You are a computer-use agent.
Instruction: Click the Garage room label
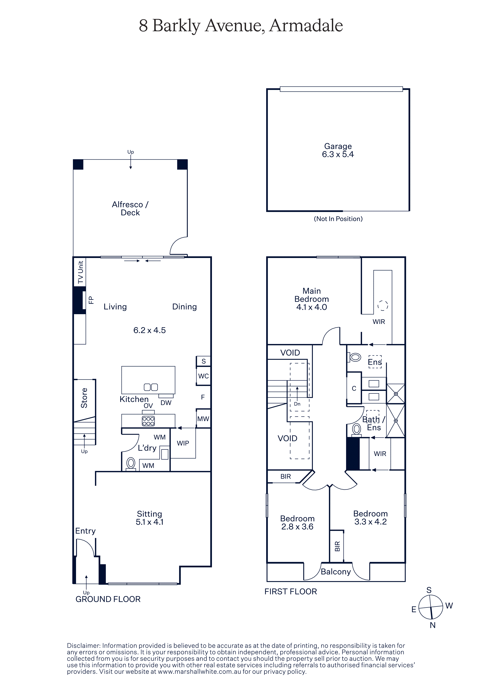pyautogui.click(x=338, y=146)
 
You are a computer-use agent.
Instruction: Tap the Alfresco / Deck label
pyautogui.click(x=130, y=209)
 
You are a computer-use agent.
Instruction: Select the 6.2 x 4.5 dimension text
pyautogui.click(x=149, y=330)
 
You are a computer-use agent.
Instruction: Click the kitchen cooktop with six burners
pyautogui.click(x=148, y=421)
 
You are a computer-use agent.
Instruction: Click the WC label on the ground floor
pyautogui.click(x=203, y=376)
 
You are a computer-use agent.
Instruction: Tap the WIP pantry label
pyautogui.click(x=183, y=443)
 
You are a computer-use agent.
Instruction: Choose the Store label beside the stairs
pyautogui.click(x=84, y=398)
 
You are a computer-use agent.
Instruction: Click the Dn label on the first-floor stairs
pyautogui.click(x=297, y=404)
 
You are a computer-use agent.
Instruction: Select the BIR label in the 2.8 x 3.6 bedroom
pyautogui.click(x=285, y=477)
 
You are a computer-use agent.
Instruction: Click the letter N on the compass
pyautogui.click(x=432, y=625)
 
